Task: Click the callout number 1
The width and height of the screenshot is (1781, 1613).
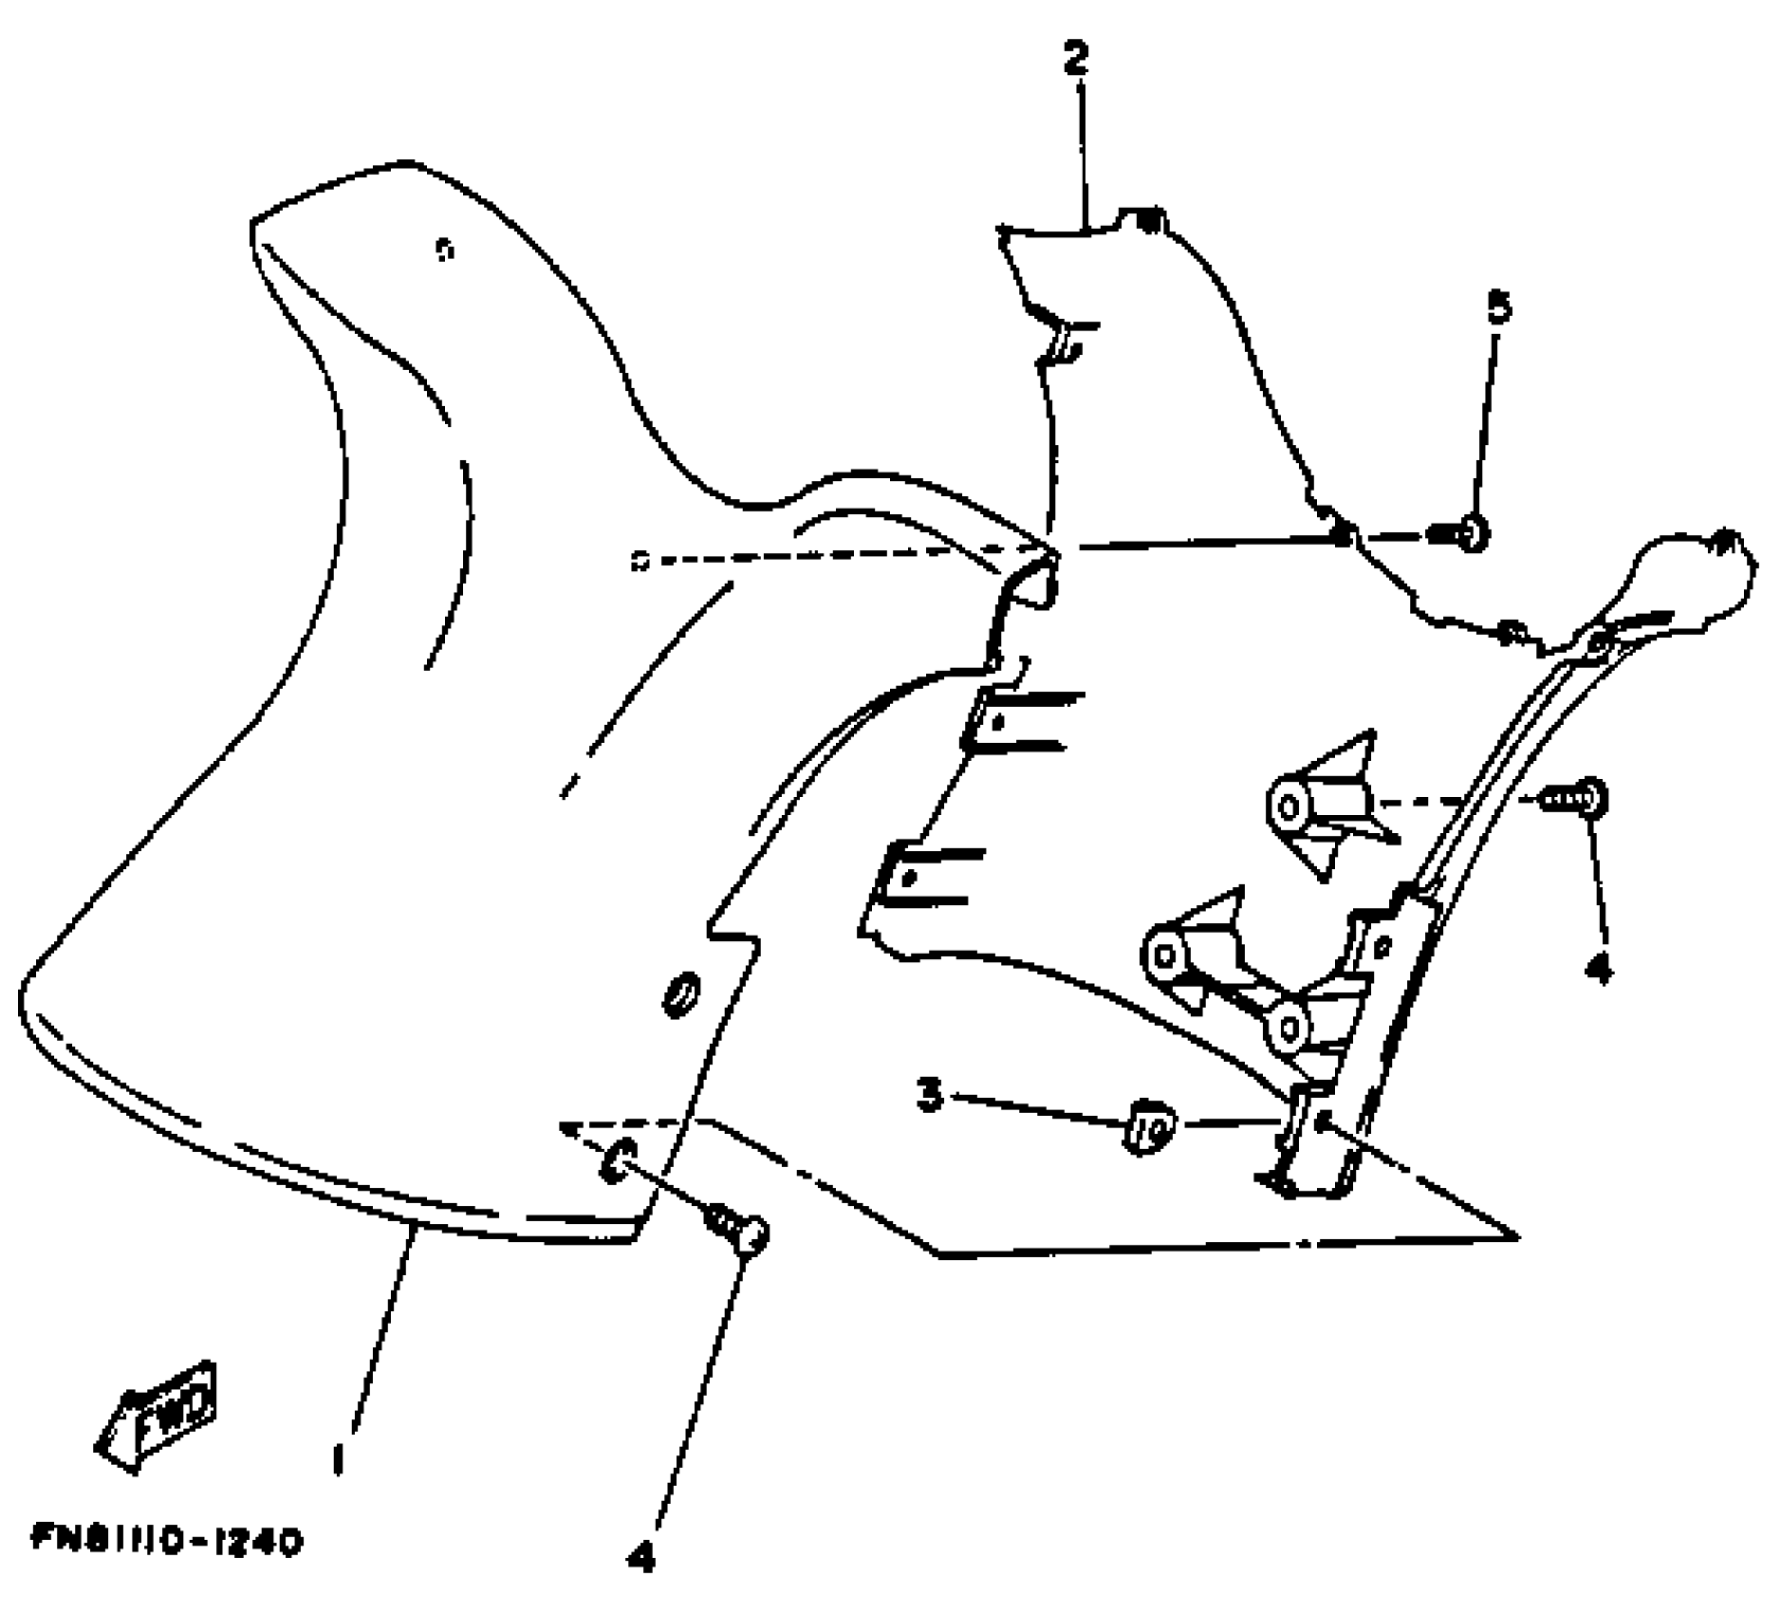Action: click(x=338, y=1457)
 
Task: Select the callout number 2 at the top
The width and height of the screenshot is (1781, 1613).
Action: click(x=1075, y=59)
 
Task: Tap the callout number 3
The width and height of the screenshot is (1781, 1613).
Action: click(x=931, y=1095)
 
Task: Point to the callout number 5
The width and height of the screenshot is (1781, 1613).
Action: click(x=1498, y=306)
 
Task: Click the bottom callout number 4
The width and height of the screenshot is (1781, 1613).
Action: click(x=642, y=1556)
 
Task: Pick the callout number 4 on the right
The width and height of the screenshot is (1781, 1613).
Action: click(x=1600, y=968)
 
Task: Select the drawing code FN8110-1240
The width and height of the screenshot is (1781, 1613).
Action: click(x=167, y=1539)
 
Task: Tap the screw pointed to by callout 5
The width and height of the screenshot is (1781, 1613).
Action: click(x=1461, y=534)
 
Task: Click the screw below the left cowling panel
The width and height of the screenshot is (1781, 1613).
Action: click(x=739, y=1229)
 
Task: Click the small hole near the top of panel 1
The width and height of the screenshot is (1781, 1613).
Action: click(x=443, y=250)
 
